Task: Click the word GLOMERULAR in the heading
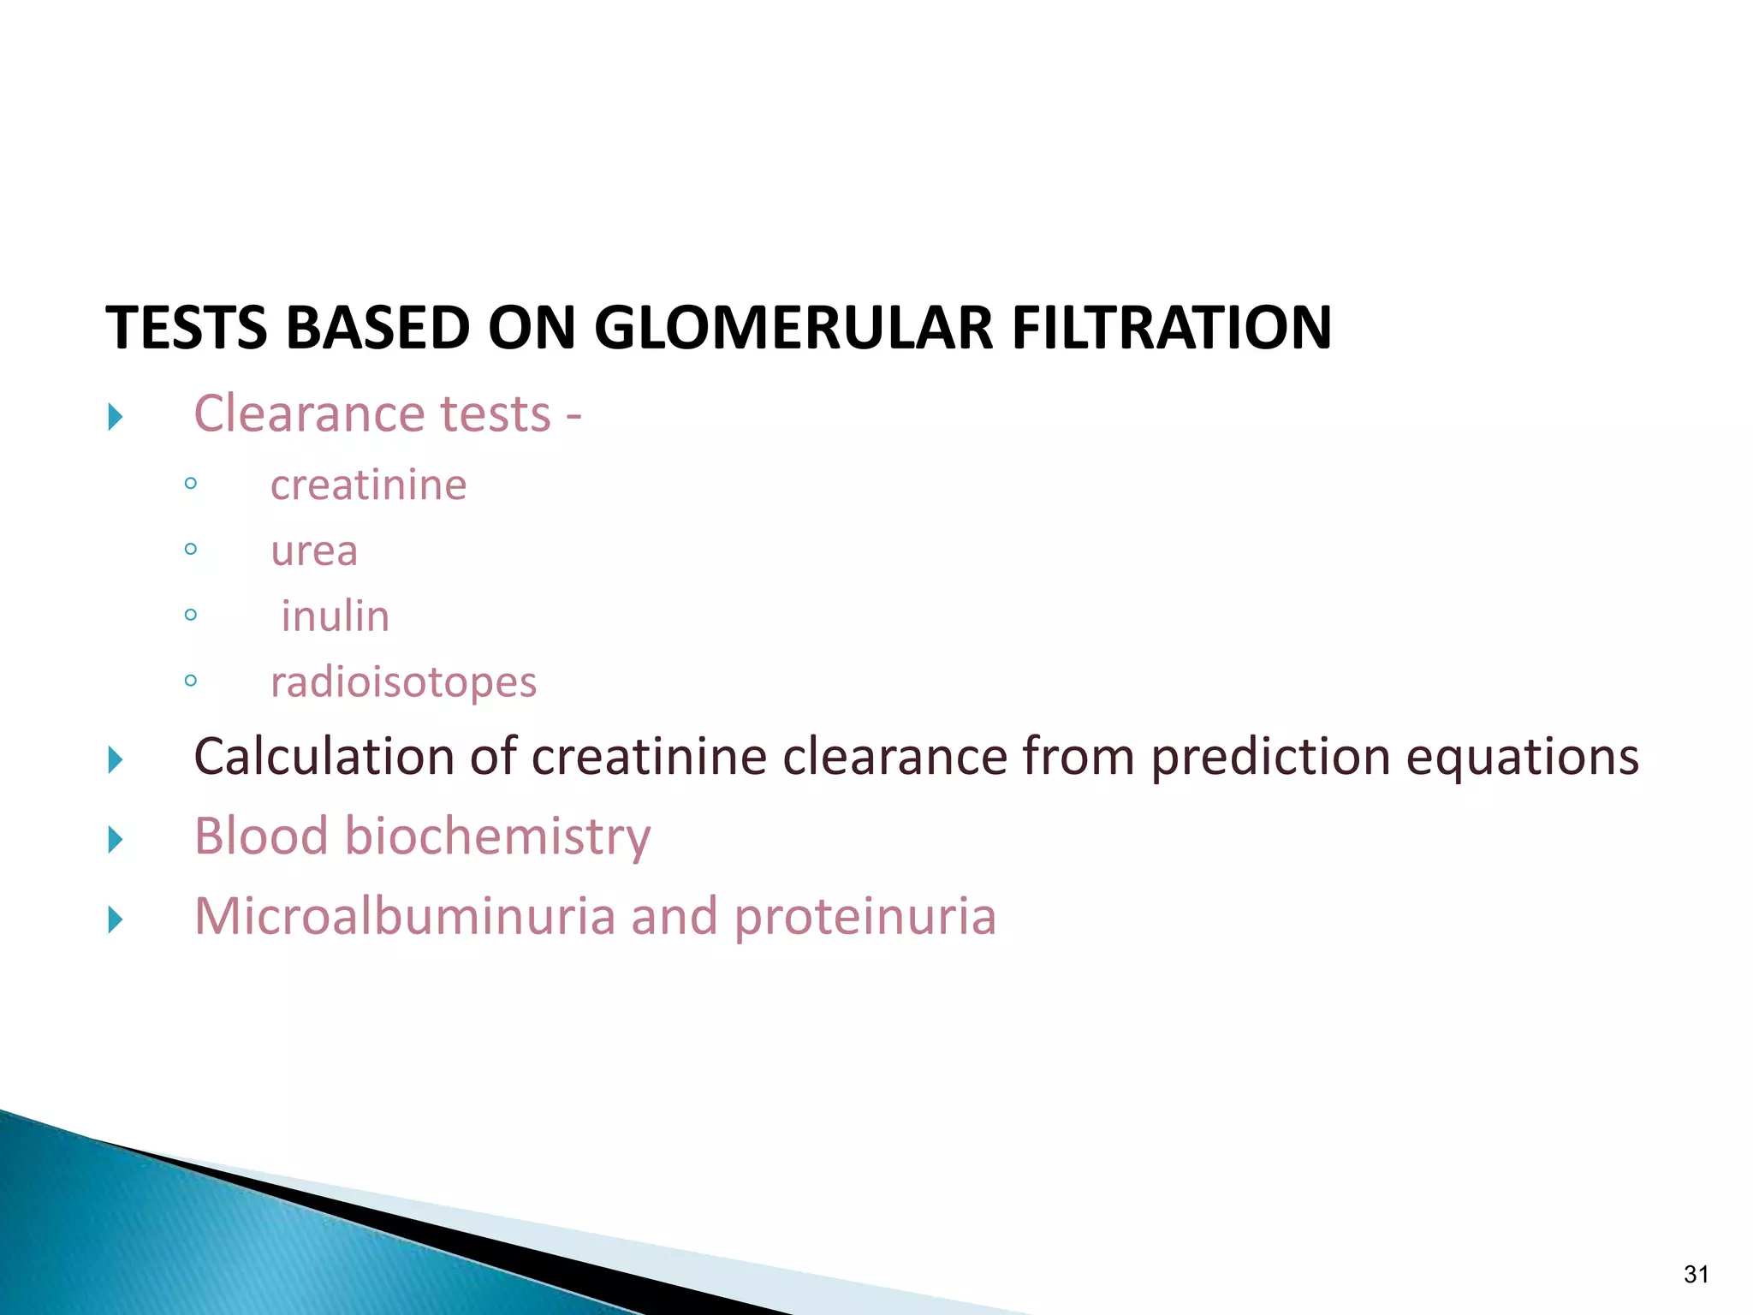[793, 328]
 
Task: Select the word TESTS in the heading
[186, 328]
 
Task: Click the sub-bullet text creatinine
[368, 485]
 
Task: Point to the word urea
[313, 550]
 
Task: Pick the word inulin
[335, 616]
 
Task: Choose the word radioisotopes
[403, 682]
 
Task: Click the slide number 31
[1696, 1275]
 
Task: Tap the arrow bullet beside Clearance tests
[116, 418]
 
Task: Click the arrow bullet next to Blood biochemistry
[116, 840]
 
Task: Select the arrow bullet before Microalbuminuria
[116, 920]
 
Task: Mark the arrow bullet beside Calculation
[116, 759]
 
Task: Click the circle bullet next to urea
[190, 550]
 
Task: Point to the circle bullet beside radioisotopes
[190, 681]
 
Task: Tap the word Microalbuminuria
[405, 916]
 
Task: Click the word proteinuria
[865, 918]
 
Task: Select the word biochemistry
[497, 836]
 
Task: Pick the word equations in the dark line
[1523, 758]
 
